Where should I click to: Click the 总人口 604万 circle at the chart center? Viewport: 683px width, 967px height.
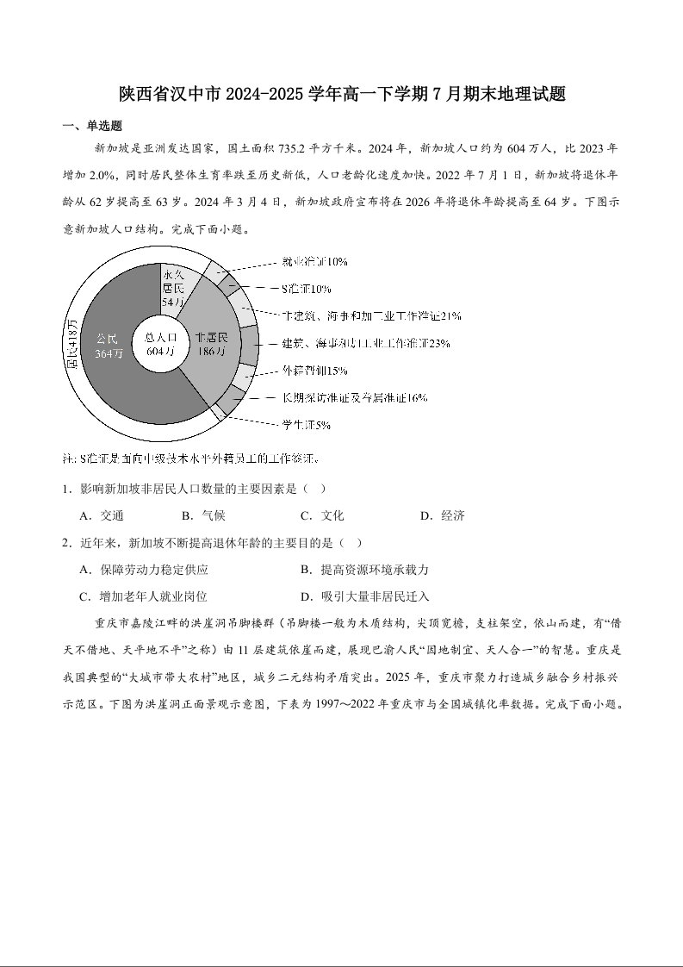click(161, 344)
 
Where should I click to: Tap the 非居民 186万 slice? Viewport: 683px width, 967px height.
click(210, 344)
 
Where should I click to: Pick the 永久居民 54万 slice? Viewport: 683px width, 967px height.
click(173, 290)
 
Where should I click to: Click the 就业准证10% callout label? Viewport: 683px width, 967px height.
click(314, 261)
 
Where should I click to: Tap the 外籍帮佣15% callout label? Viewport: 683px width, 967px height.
click(314, 371)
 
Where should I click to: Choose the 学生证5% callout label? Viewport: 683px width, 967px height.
click(307, 425)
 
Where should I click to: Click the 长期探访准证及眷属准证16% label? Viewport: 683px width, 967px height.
click(355, 398)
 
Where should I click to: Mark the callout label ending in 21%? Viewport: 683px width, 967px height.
click(372, 315)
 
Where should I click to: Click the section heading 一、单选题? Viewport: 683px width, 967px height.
click(93, 126)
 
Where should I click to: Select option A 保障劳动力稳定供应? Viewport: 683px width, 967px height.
click(143, 570)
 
